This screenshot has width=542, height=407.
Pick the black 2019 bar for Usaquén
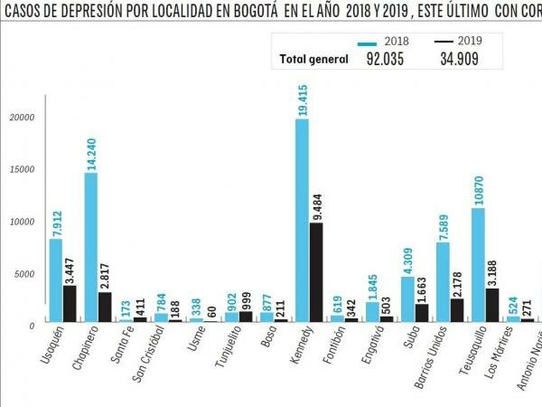coord(70,304)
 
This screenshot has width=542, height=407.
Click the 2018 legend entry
coord(383,42)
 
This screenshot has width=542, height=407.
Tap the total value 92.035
coord(385,60)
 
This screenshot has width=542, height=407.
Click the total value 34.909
coord(459,60)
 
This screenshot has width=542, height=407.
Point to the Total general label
coord(313,60)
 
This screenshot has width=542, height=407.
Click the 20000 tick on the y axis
coord(21,118)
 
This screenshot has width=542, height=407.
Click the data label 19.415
coord(302,94)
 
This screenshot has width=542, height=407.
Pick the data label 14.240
coord(90,149)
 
